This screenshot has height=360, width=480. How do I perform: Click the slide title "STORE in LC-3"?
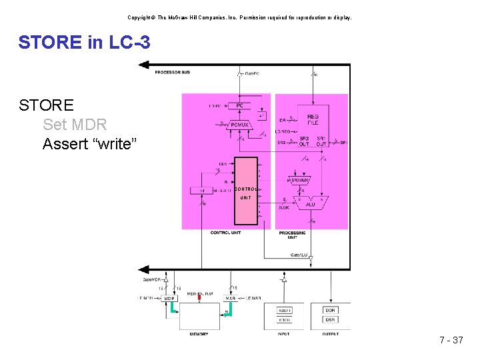tap(85, 43)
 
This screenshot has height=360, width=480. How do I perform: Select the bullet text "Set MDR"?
tap(74, 124)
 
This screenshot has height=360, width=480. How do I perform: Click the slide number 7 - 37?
tap(451, 341)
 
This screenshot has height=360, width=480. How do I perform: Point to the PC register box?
tap(239, 105)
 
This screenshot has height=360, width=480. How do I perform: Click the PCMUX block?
tap(239, 125)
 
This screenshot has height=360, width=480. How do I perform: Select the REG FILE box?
tap(313, 119)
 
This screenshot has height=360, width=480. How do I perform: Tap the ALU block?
tap(310, 203)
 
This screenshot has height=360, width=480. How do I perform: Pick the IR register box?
tap(203, 191)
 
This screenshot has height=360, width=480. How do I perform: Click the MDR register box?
tap(170, 298)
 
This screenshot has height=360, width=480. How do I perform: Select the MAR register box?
tap(231, 298)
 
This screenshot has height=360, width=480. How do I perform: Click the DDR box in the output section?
tap(331, 310)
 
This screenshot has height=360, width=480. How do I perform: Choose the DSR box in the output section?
tap(331, 320)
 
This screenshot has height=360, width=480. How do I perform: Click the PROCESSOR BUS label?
tap(171, 72)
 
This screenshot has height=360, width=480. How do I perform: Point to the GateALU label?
tap(299, 255)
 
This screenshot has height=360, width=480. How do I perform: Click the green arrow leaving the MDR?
tap(173, 308)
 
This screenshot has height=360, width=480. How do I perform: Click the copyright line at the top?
tap(240, 17)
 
